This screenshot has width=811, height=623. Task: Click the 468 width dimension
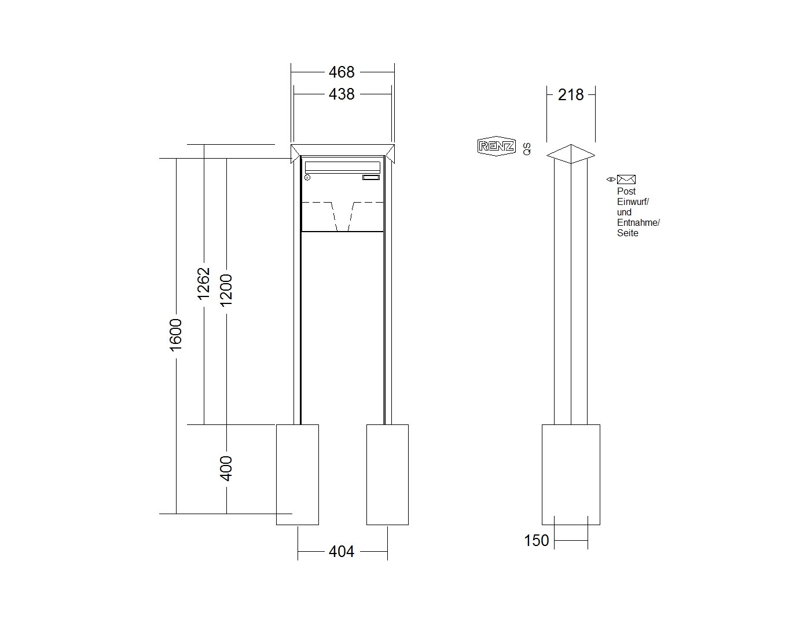click(342, 72)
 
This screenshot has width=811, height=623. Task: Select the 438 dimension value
click(342, 94)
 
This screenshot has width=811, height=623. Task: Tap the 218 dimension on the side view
click(571, 95)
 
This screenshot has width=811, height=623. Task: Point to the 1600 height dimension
click(176, 335)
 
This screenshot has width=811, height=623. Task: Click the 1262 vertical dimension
click(204, 284)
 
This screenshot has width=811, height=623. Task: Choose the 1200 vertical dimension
click(226, 291)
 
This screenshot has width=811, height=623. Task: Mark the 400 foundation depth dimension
click(226, 468)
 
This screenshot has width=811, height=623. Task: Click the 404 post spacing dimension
click(342, 552)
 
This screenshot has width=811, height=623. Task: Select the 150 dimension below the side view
click(537, 541)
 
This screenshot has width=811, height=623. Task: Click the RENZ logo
click(496, 146)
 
